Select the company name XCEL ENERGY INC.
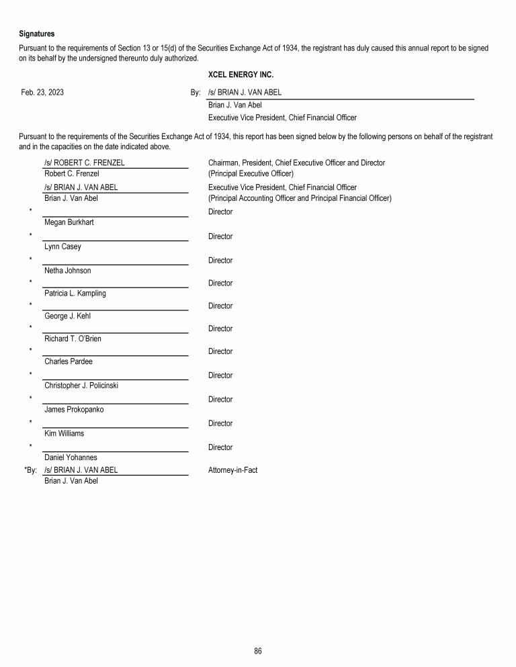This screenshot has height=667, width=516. tap(241, 75)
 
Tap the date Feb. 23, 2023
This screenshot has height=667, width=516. tap(42, 93)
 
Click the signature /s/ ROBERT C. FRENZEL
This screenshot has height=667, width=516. tap(84, 163)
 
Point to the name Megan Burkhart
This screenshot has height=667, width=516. tap(69, 222)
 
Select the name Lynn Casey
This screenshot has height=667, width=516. tap(62, 247)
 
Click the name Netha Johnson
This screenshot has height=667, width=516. tap(67, 271)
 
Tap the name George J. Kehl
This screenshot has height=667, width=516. tap(67, 316)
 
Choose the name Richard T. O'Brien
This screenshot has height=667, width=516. tap(73, 339)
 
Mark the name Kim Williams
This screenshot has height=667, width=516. tap(64, 434)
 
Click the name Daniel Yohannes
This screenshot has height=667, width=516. tap(71, 458)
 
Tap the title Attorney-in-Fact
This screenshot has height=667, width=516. tap(233, 470)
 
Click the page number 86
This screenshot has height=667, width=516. tap(258, 651)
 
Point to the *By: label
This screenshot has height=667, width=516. tap(30, 470)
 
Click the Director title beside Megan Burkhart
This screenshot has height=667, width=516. tap(220, 212)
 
